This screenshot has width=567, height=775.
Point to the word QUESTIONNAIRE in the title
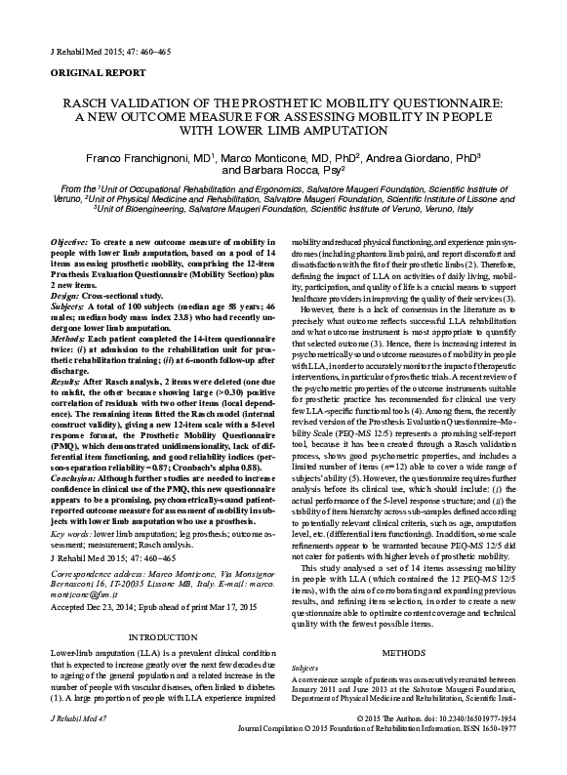(440, 102)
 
